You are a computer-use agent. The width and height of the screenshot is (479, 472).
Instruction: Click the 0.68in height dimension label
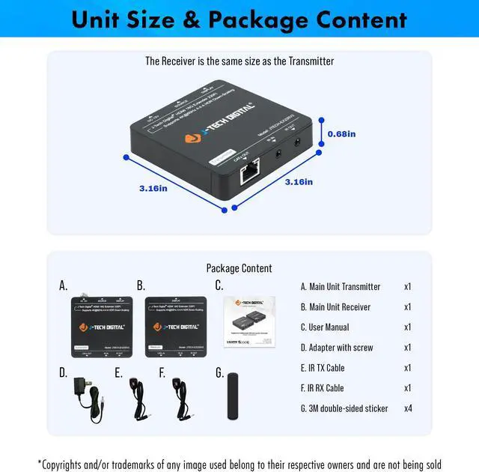341,134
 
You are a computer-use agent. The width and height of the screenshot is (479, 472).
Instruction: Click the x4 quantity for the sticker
407,408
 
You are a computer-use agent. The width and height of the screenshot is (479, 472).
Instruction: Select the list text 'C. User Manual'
325,327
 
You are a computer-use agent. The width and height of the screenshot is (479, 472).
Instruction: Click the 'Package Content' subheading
239,267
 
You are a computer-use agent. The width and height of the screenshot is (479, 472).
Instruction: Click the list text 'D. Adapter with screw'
336,348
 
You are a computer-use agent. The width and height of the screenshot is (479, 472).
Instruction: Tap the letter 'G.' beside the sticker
219,372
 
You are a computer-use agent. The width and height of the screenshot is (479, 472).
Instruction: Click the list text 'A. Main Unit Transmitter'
341,286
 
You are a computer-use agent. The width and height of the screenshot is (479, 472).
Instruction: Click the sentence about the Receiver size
239,61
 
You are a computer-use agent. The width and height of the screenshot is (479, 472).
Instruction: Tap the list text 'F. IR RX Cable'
323,388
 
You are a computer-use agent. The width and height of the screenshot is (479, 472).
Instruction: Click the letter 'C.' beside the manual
219,285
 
